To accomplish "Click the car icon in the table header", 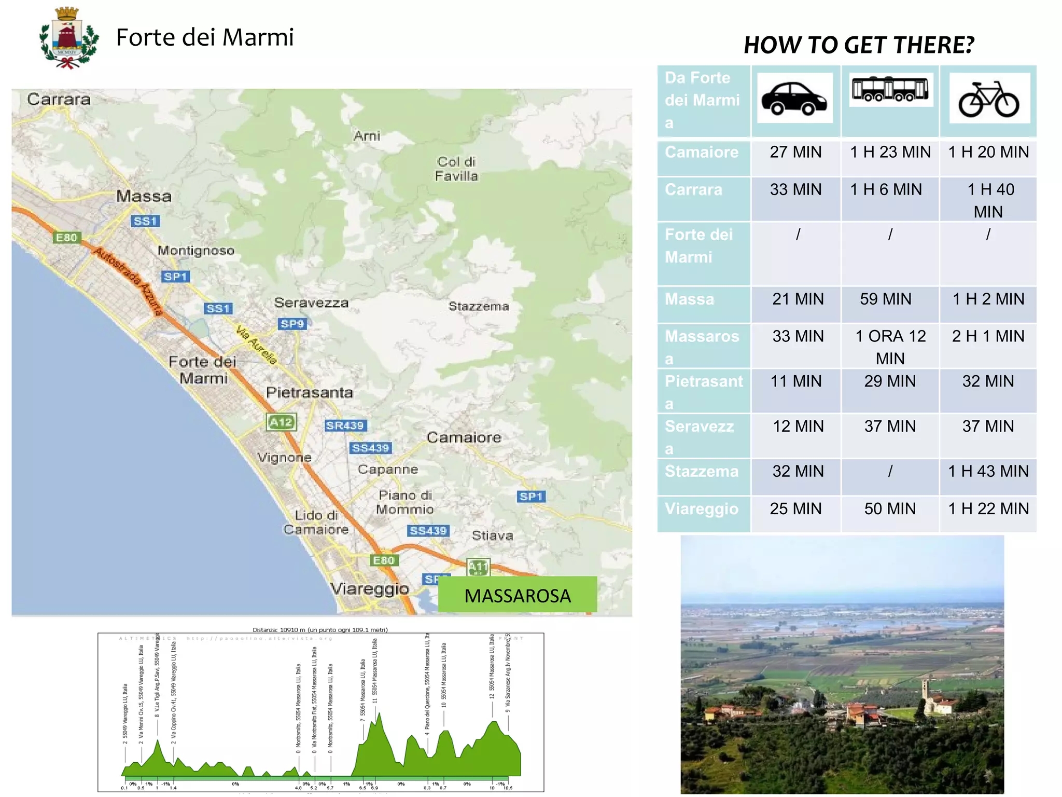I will [794, 98].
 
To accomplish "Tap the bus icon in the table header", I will [890, 89].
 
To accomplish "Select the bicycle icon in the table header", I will [989, 99].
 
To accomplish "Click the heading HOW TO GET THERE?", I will [859, 45].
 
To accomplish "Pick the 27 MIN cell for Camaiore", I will [795, 152].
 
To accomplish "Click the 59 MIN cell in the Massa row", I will [885, 299].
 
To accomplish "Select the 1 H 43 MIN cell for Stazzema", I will [988, 471].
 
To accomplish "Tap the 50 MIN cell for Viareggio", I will [890, 509].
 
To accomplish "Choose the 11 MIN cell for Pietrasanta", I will [795, 381].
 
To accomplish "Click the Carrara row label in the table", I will [693, 190].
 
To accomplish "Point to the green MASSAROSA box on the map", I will [517, 595].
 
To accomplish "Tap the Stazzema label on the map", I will [478, 306].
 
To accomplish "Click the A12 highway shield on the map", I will [281, 422].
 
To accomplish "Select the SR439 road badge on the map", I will [345, 425].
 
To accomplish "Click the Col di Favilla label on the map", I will [456, 169].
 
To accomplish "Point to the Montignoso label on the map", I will [196, 251].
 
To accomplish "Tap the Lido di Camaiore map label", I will [316, 522].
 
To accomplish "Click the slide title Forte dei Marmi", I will [205, 37].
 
